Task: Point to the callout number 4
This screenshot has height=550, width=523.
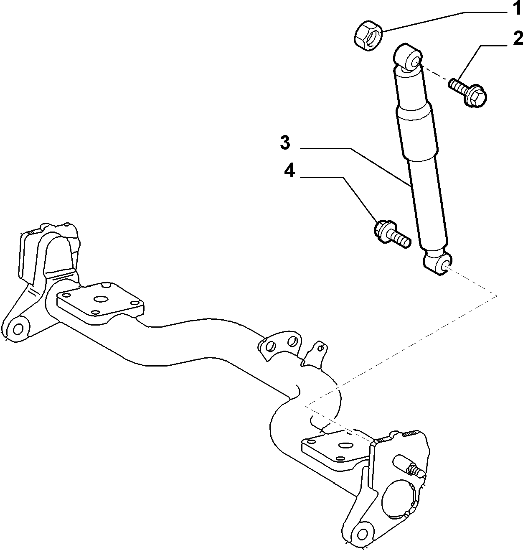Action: click(289, 171)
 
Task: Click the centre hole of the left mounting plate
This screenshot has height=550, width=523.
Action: click(100, 299)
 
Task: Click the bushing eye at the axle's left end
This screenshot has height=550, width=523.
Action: click(18, 329)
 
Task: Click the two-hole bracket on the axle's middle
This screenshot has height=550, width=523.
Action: click(280, 346)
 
